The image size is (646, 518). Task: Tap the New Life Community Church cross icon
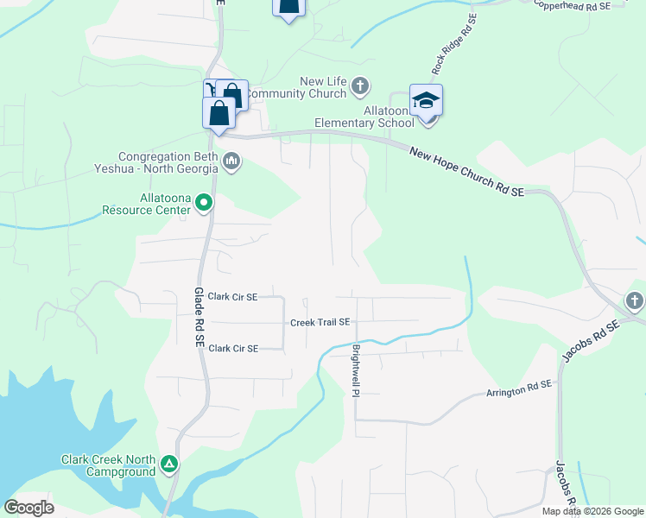pyautogui.click(x=360, y=86)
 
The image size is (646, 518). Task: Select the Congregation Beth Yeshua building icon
pyautogui.click(x=231, y=161)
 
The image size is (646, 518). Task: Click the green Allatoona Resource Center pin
pyautogui.click(x=204, y=203)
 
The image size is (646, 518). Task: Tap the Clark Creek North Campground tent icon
pyautogui.click(x=170, y=465)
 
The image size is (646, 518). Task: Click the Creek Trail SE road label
pyautogui.click(x=320, y=322)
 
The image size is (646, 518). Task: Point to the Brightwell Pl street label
pyautogui.click(x=355, y=371)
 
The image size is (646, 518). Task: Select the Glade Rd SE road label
pyautogui.click(x=198, y=318)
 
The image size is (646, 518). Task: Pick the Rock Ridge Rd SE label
pyautogui.click(x=453, y=44)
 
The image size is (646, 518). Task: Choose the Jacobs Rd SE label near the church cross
pyautogui.click(x=592, y=340)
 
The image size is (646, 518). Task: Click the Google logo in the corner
pyautogui.click(x=28, y=508)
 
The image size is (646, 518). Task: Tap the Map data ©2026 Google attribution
pyautogui.click(x=592, y=511)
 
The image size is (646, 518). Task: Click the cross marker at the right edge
pyautogui.click(x=635, y=300)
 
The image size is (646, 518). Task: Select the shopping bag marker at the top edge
pyautogui.click(x=288, y=7)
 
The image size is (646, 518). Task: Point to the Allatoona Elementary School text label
pyautogui.click(x=364, y=117)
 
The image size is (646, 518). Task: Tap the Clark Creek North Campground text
pyautogui.click(x=108, y=465)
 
